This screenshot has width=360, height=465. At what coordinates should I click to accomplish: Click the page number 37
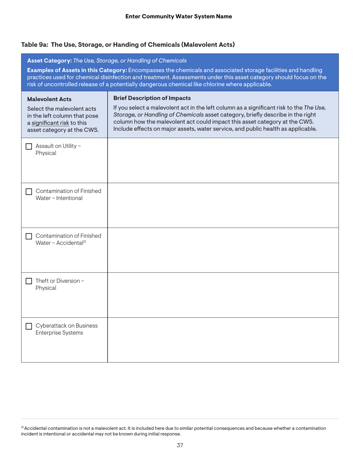[x=180, y=445]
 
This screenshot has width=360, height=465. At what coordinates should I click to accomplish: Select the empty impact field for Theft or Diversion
[x=223, y=295]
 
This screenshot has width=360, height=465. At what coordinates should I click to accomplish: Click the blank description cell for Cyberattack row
[x=223, y=340]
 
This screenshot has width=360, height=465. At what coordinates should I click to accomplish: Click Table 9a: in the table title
[x=35, y=45]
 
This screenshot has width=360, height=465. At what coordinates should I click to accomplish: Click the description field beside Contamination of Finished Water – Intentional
[x=223, y=205]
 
